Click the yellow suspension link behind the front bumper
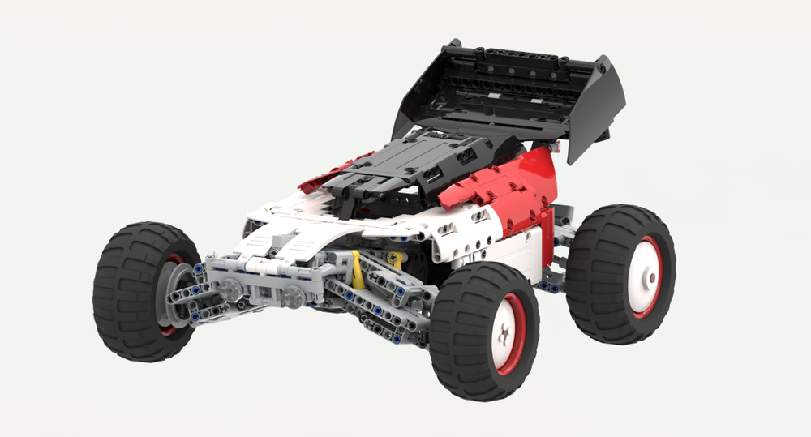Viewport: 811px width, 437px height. coord(358,271)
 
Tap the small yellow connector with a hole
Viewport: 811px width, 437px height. coord(395,259)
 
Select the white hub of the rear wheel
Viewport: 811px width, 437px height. coord(646,276)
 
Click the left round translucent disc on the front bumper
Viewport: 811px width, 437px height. coord(230,287)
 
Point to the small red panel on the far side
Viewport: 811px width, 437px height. coord(328,174)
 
